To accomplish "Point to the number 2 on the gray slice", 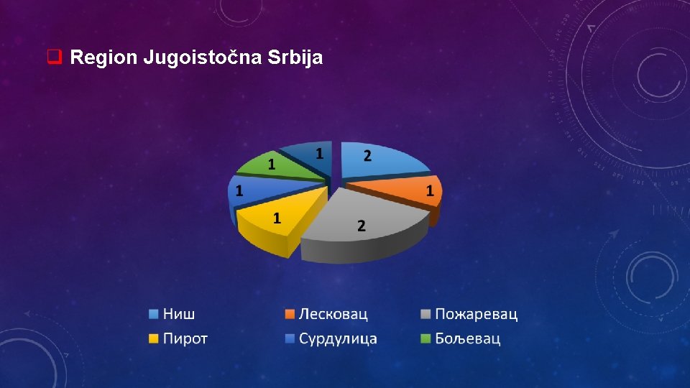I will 362,226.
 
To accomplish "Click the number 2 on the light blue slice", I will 367,155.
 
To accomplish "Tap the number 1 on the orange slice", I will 430,190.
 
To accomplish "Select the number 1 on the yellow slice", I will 277,218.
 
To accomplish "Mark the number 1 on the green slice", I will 272,165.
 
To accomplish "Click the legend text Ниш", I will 179,314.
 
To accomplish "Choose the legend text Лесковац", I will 333,314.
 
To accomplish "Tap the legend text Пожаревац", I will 476,314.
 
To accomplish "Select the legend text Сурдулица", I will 338,338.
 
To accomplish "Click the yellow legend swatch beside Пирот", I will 154,338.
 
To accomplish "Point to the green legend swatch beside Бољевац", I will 426,338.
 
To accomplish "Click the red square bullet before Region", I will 53,57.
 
